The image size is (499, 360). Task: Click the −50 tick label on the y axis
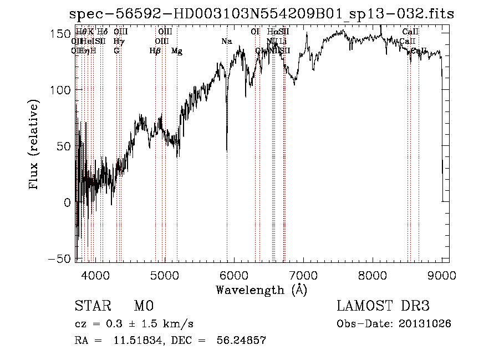point(58,259)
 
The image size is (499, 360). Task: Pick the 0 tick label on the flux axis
point(67,202)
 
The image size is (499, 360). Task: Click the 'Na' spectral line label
point(226,42)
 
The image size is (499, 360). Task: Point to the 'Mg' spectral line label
point(177,51)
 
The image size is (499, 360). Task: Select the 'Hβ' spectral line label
point(155,51)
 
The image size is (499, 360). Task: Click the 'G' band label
point(116,51)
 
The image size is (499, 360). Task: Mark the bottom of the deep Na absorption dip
point(227,150)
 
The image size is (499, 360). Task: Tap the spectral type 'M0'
point(143,306)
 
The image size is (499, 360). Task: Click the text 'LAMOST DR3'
point(383,306)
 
